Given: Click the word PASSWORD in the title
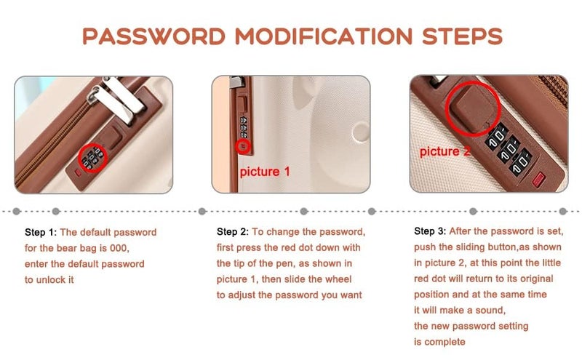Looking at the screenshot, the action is tap(154, 36).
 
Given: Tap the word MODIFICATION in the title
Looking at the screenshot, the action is tap(324, 36).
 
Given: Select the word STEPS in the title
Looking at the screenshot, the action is tap(463, 36).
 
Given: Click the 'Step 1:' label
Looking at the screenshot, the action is tap(41, 233).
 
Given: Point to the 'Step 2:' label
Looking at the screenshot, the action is tap(233, 232).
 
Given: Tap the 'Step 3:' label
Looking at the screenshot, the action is tap(430, 231).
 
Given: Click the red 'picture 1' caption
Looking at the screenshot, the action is tap(265, 172).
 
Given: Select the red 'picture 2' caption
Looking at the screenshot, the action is tap(445, 151).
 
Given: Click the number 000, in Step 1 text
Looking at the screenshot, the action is tap(119, 248).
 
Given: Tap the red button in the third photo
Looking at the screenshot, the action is tap(538, 179).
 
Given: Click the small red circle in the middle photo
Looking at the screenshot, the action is tap(242, 146).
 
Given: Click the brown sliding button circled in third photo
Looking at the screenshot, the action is tap(471, 108).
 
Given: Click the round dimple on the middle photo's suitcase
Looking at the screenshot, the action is tap(360, 132).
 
